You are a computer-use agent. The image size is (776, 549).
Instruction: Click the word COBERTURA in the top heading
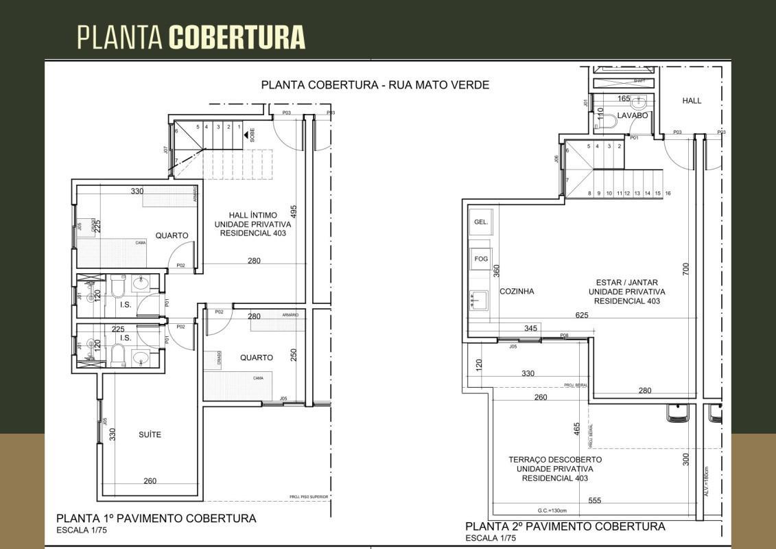tap(237, 36)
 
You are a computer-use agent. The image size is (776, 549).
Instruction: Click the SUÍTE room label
tap(150, 434)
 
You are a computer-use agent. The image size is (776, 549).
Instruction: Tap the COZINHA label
tap(517, 291)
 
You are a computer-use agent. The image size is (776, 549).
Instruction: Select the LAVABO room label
tap(632, 116)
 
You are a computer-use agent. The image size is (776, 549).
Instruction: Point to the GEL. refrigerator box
tap(480, 222)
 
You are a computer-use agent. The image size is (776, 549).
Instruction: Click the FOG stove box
tap(480, 259)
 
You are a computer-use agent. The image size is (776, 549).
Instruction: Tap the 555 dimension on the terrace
tap(594, 500)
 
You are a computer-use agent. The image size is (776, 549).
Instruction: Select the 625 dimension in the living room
tap(582, 315)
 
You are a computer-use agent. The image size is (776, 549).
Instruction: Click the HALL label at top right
tap(692, 101)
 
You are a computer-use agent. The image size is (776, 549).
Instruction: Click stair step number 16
tap(668, 194)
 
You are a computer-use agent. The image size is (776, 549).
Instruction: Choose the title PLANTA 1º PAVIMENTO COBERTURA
tap(156, 518)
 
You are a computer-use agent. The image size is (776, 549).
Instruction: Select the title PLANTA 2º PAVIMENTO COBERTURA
tap(565, 526)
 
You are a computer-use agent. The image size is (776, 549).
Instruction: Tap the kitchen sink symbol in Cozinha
tap(480, 299)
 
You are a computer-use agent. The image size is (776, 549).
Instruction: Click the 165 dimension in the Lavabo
tap(623, 100)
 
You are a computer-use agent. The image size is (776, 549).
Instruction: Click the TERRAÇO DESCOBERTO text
tap(555, 460)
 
